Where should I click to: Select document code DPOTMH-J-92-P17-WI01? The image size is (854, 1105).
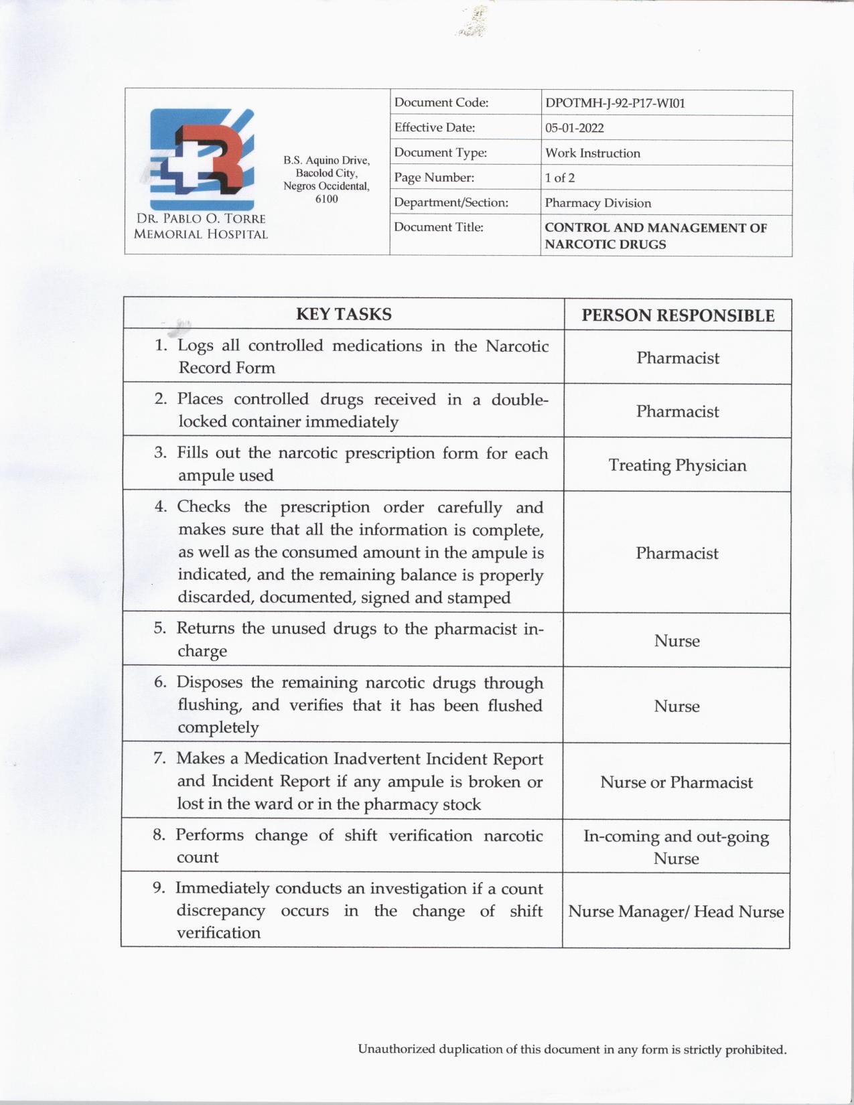pos(614,104)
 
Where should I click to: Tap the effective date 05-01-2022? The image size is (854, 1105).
pos(574,129)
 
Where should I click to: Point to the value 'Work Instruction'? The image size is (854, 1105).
pos(592,153)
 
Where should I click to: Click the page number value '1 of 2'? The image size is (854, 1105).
pos(559,178)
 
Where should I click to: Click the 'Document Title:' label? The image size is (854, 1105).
pos(438,228)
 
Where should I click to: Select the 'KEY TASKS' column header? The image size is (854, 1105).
pos(344,314)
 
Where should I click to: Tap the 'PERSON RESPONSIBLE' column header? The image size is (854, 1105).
pos(677,315)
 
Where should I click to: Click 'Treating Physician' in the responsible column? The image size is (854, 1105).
pos(677,465)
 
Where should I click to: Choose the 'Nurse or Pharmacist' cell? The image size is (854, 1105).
pos(676,782)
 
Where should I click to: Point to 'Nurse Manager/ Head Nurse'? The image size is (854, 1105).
pos(676,911)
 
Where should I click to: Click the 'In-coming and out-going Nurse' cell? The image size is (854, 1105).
pos(676,847)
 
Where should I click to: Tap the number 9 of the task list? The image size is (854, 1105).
pos(159,888)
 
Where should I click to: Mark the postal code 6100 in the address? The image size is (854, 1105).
pos(326,199)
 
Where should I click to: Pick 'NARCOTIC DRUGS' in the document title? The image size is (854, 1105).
pos(605,244)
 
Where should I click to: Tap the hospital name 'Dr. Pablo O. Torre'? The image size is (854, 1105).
pos(201,219)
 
